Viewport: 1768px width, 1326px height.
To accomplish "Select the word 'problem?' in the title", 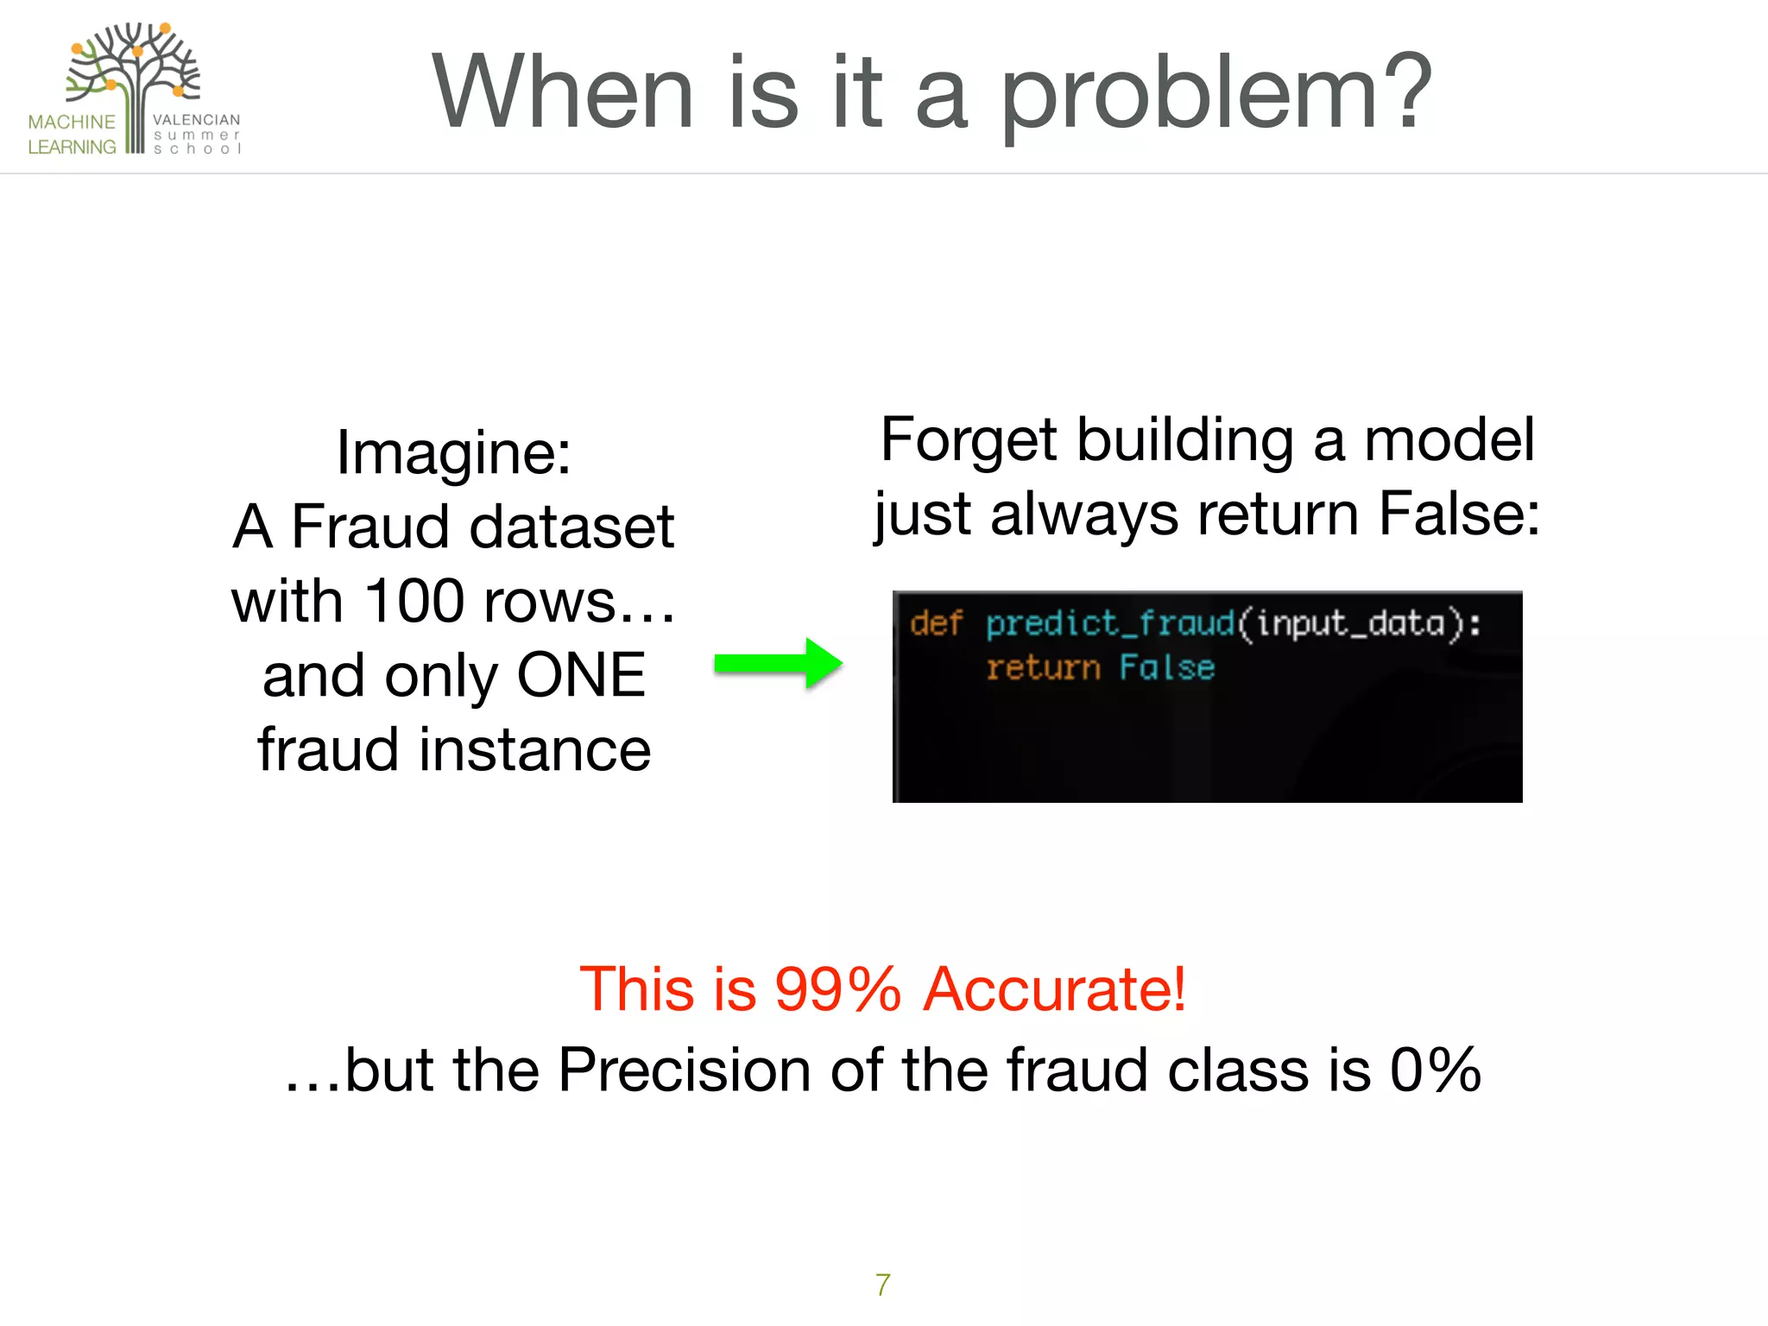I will (x=1215, y=93).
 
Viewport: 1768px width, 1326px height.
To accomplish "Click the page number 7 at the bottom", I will (x=882, y=1285).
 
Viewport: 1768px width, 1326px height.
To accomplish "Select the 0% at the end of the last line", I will (x=1436, y=1070).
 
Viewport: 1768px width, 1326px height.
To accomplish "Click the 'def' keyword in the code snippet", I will (x=936, y=623).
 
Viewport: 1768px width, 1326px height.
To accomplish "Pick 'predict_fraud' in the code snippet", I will (x=1110, y=623).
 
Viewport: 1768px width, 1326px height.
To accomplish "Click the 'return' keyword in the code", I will (x=1043, y=668).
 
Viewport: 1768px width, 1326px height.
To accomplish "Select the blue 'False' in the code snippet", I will (x=1167, y=668).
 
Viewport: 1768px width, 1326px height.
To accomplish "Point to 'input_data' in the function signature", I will (x=1350, y=623).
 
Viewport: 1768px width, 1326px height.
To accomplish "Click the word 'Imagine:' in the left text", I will (x=453, y=452).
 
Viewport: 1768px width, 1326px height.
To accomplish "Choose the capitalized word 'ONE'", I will (x=581, y=675).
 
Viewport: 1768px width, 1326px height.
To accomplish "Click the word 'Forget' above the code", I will (x=969, y=440).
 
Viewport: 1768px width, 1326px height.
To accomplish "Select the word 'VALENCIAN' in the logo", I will (x=196, y=120).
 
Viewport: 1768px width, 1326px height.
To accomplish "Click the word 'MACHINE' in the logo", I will (x=72, y=122).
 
